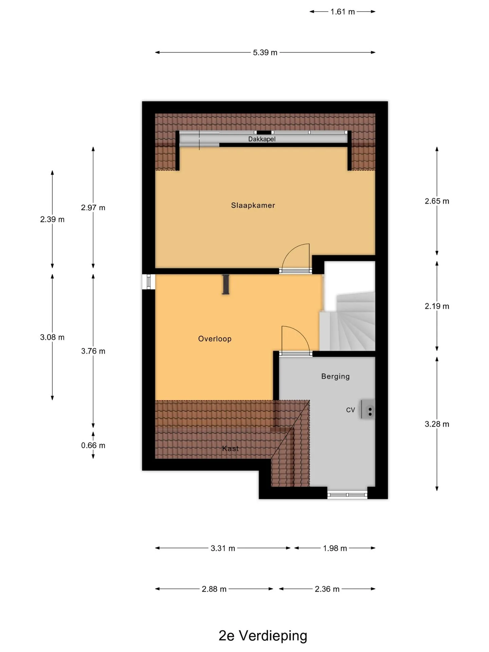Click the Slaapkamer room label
253,205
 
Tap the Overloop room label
215,339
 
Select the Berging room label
335,376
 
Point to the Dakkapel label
261,139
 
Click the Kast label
230,449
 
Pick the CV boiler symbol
368,409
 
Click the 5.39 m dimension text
265,53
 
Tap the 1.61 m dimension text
343,12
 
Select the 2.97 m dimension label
93,207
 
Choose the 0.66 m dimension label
93,445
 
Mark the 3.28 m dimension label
437,424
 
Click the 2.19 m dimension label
437,306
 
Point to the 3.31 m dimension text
223,548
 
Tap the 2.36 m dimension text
327,589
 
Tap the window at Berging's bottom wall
347,495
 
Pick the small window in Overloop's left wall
148,282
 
